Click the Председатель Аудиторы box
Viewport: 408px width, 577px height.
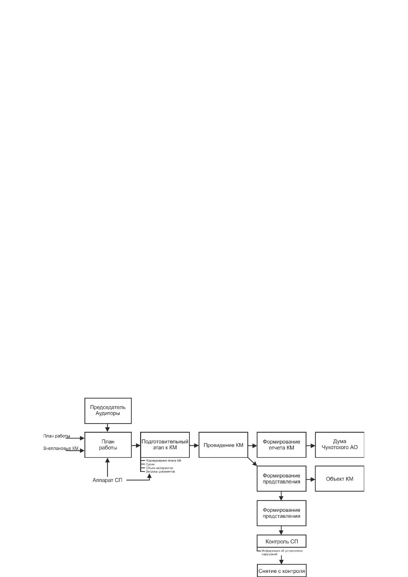click(x=108, y=410)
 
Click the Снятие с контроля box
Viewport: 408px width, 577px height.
click(x=282, y=570)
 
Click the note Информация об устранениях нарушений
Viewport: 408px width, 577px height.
click(x=282, y=552)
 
